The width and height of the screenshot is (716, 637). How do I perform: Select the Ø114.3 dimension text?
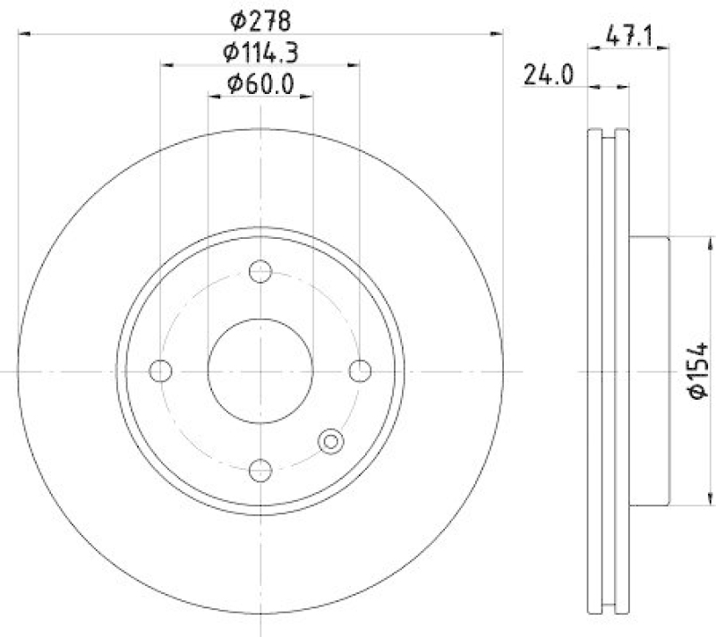[x=260, y=51]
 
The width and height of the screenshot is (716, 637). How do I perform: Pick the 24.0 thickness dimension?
[x=549, y=75]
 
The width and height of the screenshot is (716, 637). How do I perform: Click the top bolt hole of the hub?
[x=260, y=270]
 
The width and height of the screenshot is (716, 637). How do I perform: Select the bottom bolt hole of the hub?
[x=260, y=470]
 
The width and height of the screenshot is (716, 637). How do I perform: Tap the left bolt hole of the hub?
[x=161, y=370]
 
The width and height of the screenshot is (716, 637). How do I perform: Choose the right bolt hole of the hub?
[x=360, y=370]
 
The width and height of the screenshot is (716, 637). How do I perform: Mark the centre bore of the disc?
[x=260, y=370]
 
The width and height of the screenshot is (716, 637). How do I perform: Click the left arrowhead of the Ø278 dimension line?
[x=23, y=33]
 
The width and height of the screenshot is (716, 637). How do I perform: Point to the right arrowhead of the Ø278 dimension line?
[x=499, y=33]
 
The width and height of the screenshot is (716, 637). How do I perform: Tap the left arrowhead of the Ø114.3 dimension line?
[x=166, y=64]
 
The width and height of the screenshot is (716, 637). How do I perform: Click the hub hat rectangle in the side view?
[x=650, y=370]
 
